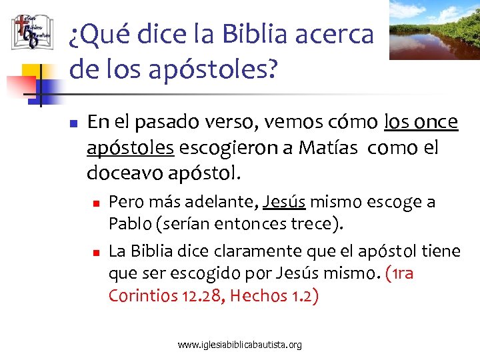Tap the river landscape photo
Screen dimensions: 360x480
[x=434, y=29]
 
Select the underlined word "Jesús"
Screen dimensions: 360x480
[x=285, y=201]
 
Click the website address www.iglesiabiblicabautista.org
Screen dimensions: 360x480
[x=240, y=345]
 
